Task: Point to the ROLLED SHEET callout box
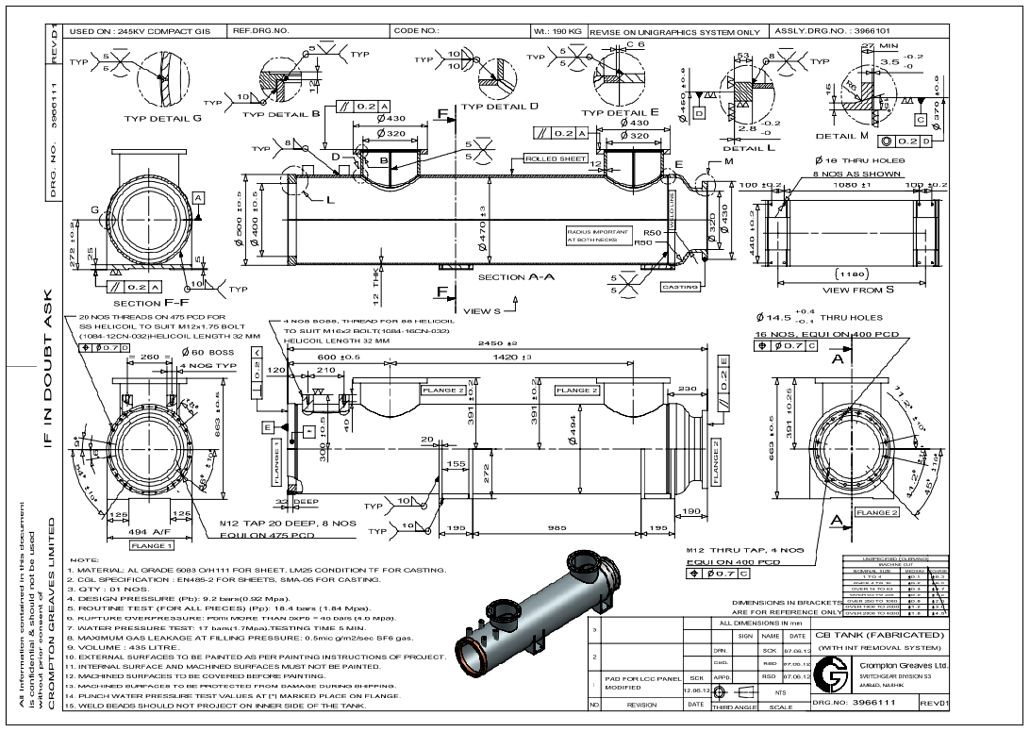(x=557, y=159)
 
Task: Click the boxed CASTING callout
(x=679, y=287)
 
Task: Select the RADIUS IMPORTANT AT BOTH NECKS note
(x=591, y=236)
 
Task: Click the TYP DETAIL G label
(x=163, y=120)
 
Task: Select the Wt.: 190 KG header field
(x=557, y=31)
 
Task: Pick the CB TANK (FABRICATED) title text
(x=878, y=635)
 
